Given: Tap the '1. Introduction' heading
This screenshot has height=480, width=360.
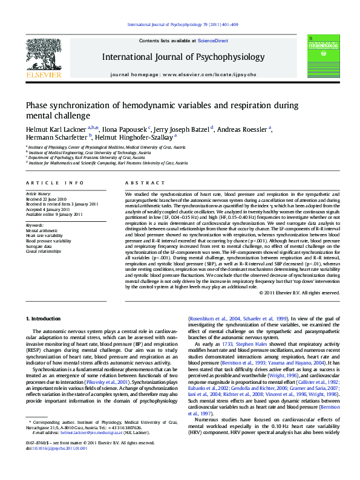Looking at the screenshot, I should tap(46, 318).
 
